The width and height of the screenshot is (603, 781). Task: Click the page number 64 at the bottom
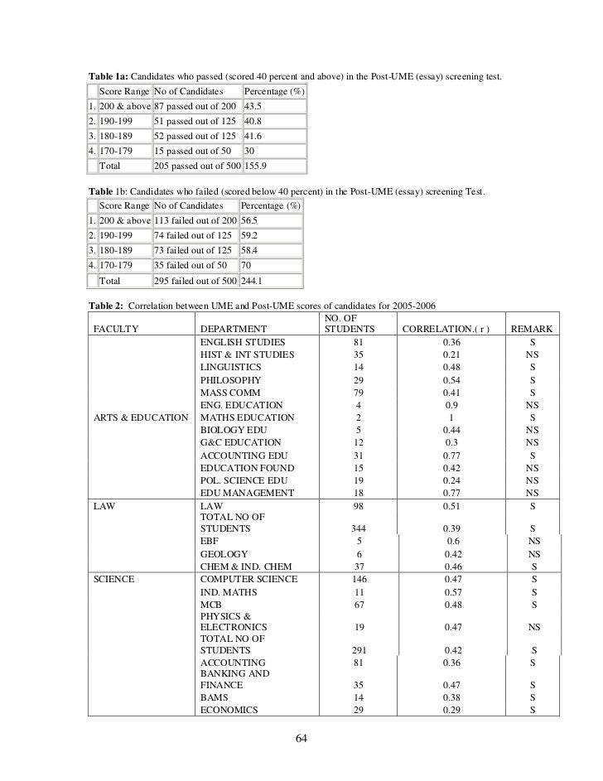(x=301, y=739)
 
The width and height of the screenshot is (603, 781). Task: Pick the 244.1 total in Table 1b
(x=254, y=281)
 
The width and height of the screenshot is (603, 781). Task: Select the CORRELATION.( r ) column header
(x=446, y=329)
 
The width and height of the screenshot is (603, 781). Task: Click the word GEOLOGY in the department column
(x=224, y=554)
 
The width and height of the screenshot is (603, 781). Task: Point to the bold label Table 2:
(x=106, y=304)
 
